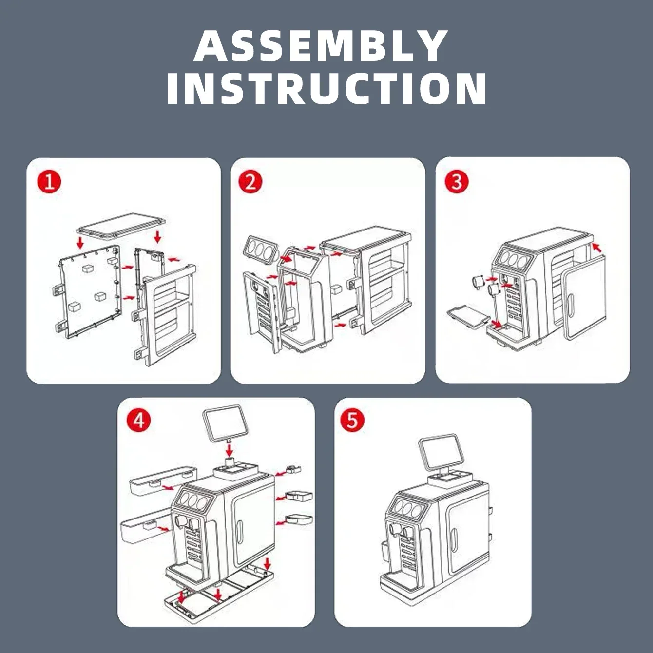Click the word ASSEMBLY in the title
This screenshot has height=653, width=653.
(x=321, y=46)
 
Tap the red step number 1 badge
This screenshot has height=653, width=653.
(x=49, y=183)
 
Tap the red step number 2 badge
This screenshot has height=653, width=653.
(x=250, y=182)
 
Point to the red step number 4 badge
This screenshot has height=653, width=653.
(x=139, y=420)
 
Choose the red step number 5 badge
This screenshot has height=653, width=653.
(x=352, y=420)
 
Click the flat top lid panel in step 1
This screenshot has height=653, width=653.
(x=120, y=225)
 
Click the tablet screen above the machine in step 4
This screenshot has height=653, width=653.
(x=225, y=423)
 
